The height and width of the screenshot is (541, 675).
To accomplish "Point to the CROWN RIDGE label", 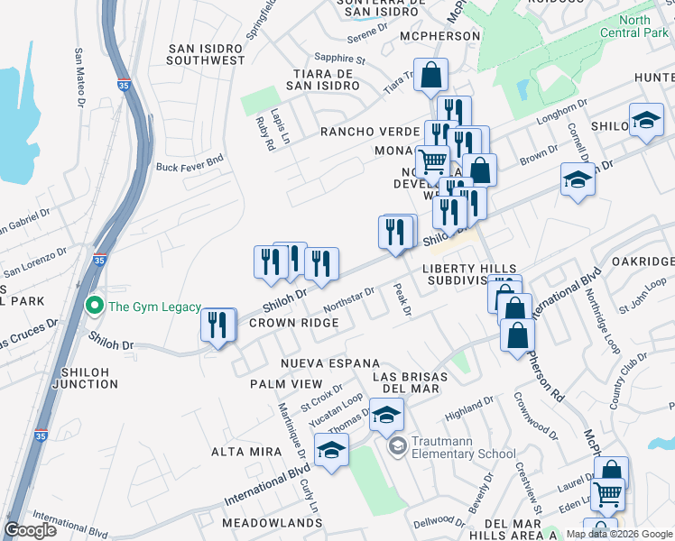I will pyautogui.click(x=293, y=323).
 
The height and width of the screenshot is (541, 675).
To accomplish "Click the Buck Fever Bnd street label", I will pyautogui.click(x=190, y=165).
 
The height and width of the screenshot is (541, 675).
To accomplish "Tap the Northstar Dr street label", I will pyautogui.click(x=348, y=298).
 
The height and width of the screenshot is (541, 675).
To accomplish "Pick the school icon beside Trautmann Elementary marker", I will pyautogui.click(x=386, y=416).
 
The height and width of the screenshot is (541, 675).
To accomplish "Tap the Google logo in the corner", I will pyautogui.click(x=32, y=530).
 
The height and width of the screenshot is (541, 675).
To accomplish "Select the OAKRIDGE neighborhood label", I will pyautogui.click(x=643, y=261).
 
